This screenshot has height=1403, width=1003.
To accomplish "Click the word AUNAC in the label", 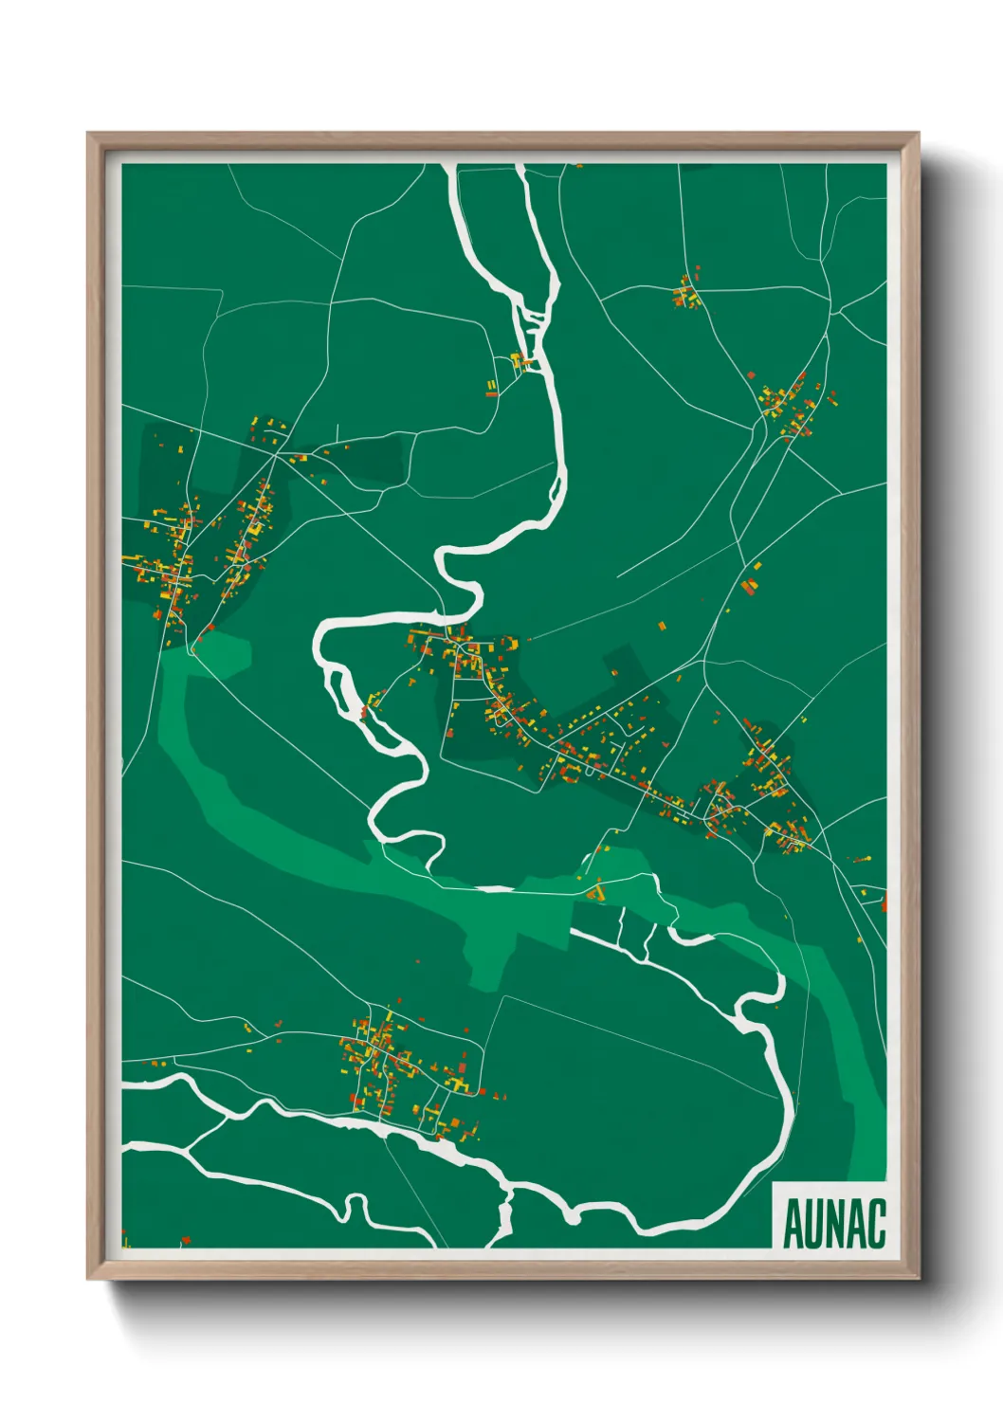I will [x=833, y=1223].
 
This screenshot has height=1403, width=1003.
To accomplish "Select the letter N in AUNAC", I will [x=833, y=1223].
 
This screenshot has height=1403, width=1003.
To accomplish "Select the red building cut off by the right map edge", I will [x=884, y=902].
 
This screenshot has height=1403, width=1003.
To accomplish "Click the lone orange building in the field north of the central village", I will [x=662, y=626].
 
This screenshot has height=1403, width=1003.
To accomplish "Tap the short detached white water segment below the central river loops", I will [x=493, y=889].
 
